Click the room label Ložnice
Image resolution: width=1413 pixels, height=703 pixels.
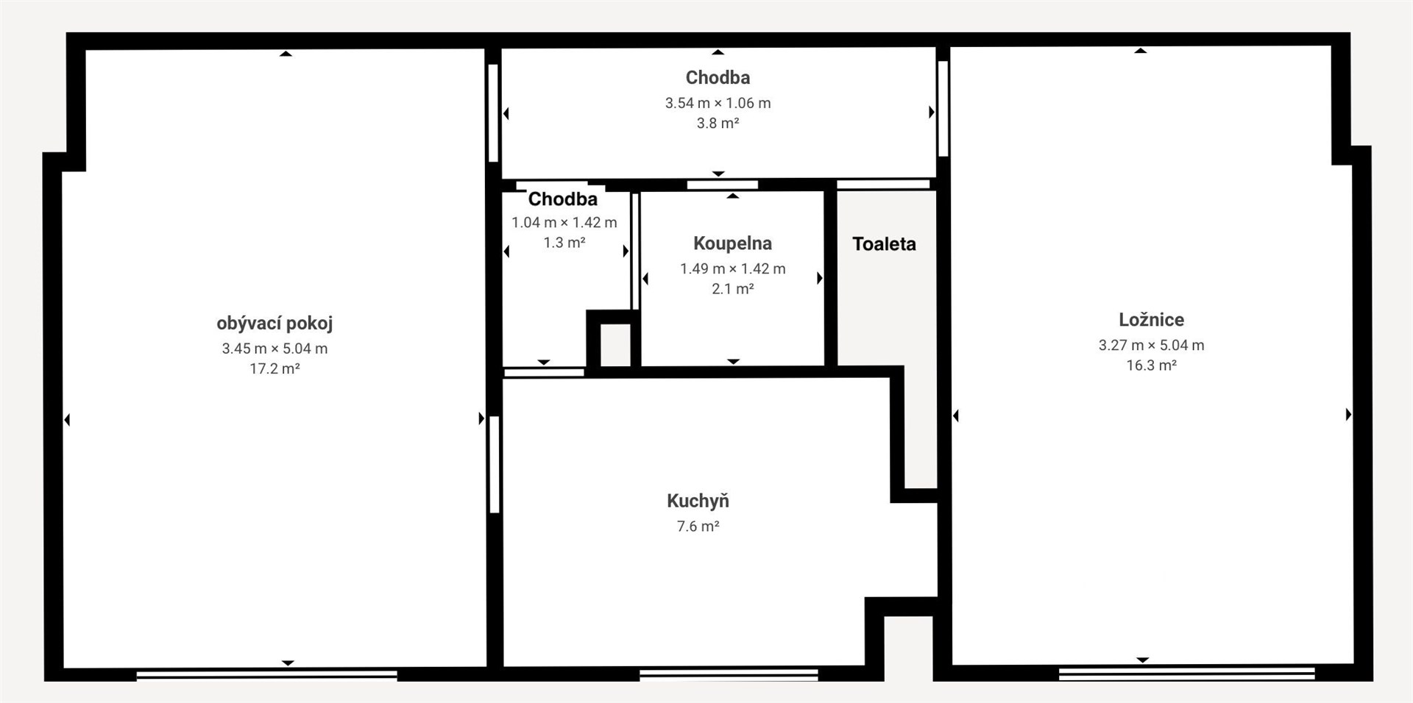1151,320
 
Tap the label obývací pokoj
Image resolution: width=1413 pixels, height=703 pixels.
275,324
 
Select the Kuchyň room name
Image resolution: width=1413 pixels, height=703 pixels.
698,501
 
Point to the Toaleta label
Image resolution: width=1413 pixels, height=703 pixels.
884,244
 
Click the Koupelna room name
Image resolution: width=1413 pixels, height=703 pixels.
732,243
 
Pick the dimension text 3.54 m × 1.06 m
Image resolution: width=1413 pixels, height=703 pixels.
718,103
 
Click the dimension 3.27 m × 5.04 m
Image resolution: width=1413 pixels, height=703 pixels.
1151,345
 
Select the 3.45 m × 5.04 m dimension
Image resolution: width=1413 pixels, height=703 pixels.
275,349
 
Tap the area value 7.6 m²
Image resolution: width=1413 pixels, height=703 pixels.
698,527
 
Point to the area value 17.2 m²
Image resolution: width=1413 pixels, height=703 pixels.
275,368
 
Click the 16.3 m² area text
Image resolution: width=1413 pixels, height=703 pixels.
1151,365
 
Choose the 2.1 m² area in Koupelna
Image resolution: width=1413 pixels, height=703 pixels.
732,289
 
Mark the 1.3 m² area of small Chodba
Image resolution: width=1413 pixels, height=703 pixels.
564,243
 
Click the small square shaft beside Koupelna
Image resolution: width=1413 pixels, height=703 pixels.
616,345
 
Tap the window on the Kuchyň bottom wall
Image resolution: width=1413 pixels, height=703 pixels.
729,674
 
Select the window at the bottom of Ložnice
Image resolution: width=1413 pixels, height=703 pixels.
1186,673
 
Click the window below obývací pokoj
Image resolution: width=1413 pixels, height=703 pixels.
266,674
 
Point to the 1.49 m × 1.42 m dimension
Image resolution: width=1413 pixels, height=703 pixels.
732,269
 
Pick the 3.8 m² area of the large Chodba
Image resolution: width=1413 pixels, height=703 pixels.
718,123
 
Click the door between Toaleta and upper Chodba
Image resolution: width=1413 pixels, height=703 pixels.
883,185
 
